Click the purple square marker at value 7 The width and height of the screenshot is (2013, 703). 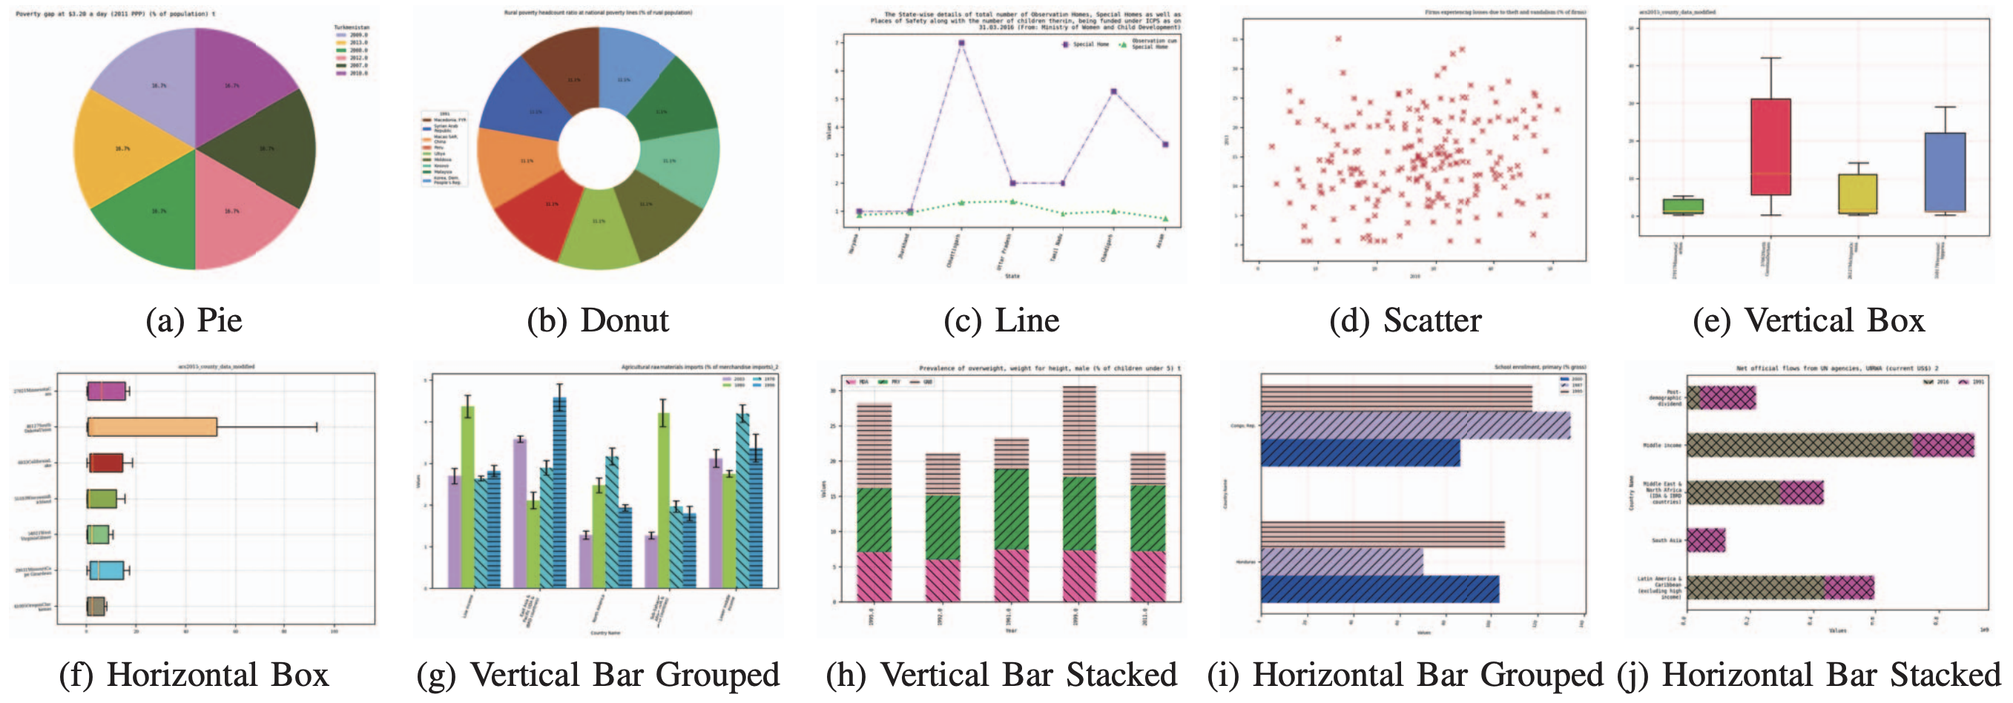click(961, 43)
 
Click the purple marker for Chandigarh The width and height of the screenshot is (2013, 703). click(1113, 92)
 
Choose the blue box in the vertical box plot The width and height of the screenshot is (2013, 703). click(1945, 172)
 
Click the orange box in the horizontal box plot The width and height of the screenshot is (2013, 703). click(152, 427)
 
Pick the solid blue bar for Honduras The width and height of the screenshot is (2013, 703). click(1380, 589)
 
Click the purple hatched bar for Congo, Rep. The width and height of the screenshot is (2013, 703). click(1414, 426)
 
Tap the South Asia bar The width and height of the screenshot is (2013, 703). click(1706, 540)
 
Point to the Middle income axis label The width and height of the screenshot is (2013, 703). click(1662, 445)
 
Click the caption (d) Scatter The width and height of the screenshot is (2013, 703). click(1405, 321)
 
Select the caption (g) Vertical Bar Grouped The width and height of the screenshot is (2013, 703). click(598, 675)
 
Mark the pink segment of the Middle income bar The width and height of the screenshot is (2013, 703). click(1943, 445)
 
